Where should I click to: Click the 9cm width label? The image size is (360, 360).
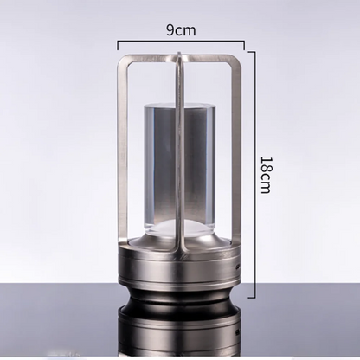(181, 30)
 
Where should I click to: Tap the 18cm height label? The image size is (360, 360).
(266, 175)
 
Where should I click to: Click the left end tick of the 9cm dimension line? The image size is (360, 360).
(118, 45)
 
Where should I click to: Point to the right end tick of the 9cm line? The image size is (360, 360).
(244, 45)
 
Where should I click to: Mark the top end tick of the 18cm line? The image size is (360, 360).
(252, 52)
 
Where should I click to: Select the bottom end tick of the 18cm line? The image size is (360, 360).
(252, 297)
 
